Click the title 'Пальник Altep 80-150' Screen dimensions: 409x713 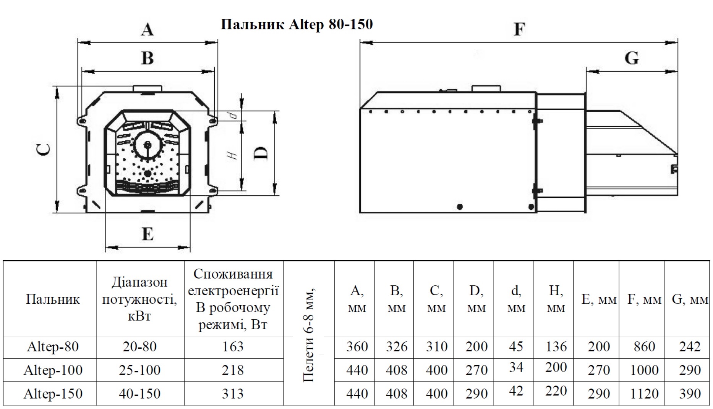297,24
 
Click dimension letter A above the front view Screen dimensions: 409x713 147,29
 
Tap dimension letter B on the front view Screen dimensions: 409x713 147,58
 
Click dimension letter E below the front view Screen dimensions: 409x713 147,234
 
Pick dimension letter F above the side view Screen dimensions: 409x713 519,29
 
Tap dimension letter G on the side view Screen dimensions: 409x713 632,58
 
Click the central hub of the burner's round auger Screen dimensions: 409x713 147,145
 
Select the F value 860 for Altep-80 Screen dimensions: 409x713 644,346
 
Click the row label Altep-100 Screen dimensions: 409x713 53,370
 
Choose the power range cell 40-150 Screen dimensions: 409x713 139,394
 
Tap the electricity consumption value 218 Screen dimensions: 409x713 233,370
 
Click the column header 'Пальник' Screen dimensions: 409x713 53,299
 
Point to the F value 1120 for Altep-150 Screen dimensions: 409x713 644,394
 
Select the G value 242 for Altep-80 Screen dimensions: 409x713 690,346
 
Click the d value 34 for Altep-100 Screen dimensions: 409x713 516,367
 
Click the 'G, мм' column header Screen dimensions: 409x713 690,300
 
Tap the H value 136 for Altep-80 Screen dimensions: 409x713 556,346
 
